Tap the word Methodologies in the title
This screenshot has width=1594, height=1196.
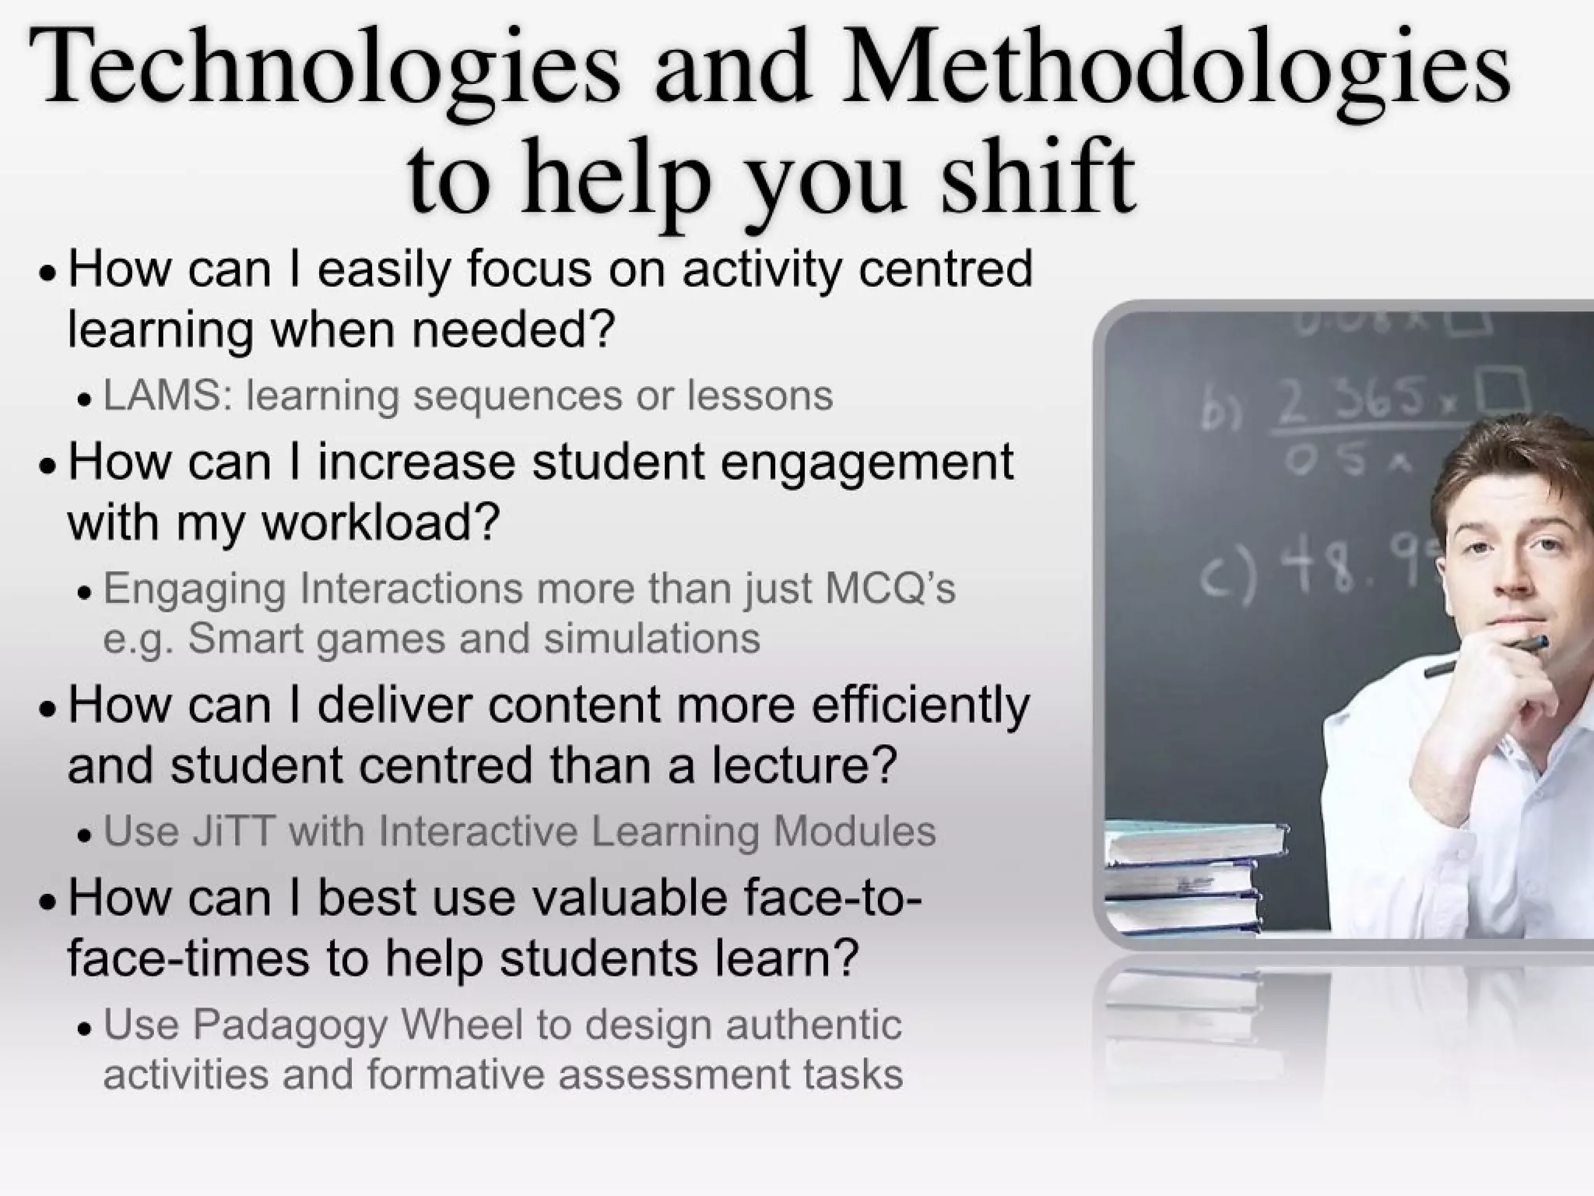1175,72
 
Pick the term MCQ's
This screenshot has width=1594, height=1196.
890,589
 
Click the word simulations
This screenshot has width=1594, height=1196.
651,639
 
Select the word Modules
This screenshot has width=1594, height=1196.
854,831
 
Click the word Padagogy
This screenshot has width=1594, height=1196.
290,1025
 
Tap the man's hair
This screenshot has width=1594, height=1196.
1518,467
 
